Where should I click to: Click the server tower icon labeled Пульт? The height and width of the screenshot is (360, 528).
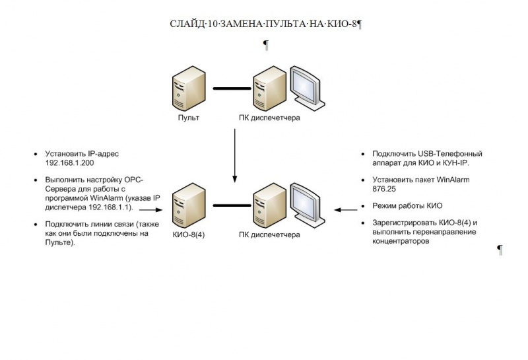click(x=184, y=92)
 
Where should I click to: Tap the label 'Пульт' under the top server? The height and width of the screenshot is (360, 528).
click(x=188, y=118)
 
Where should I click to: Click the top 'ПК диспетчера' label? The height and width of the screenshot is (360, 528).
click(x=269, y=118)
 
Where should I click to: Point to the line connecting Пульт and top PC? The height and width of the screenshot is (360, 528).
click(x=227, y=88)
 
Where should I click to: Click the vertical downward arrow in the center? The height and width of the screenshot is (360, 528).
click(x=235, y=155)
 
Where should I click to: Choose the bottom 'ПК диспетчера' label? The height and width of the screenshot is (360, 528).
click(x=269, y=235)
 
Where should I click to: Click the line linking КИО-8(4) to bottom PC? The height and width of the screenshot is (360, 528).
click(x=227, y=206)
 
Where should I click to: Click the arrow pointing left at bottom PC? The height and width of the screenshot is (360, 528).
click(x=343, y=210)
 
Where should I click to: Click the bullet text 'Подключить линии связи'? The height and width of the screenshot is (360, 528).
click(x=86, y=225)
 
